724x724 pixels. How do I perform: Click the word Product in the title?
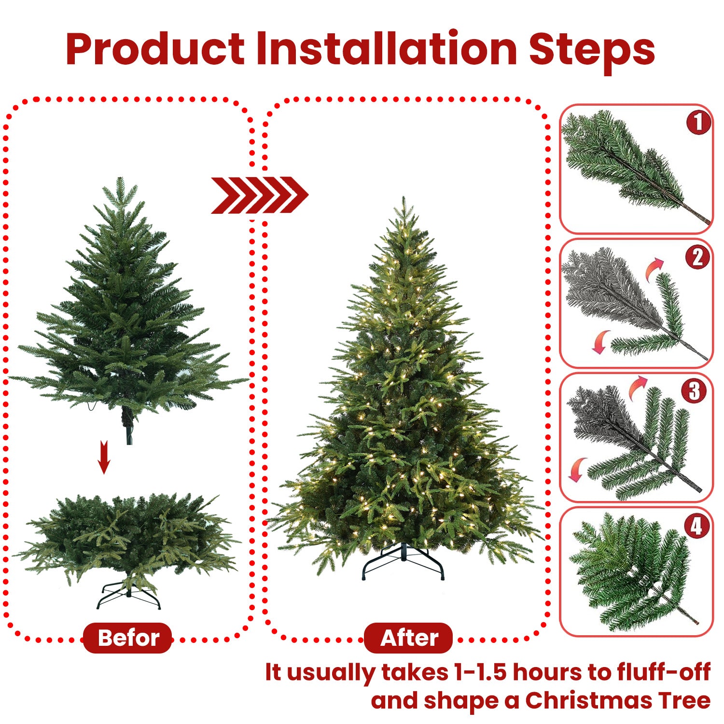click(155, 49)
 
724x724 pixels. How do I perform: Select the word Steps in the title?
click(592, 50)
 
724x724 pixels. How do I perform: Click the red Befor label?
click(128, 638)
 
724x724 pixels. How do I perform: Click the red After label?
click(408, 638)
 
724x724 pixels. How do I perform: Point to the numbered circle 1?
click(698, 123)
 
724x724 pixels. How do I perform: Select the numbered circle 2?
click(697, 257)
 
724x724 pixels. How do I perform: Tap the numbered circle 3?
click(694, 391)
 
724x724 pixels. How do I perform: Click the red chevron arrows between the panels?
click(259, 195)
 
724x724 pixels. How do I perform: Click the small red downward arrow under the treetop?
click(104, 457)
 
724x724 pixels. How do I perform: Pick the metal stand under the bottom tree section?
click(128, 597)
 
